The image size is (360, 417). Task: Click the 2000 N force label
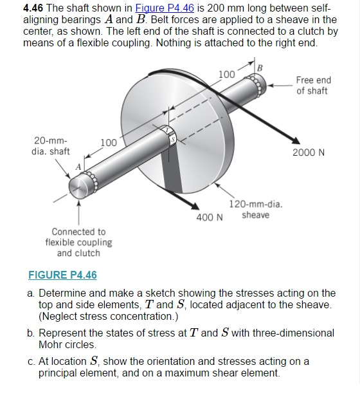tap(309, 153)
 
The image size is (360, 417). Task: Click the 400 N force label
tap(210, 216)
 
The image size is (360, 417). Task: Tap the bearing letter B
tap(259, 69)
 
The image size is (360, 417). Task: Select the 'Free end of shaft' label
tap(313, 85)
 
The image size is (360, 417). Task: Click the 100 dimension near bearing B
tap(226, 75)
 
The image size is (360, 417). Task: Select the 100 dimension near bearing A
tap(108, 142)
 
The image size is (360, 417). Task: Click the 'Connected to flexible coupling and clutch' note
tap(78, 242)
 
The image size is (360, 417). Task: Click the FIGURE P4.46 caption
tap(63, 275)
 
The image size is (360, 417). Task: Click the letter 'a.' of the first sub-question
tap(32, 293)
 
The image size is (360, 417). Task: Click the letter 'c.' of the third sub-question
tap(32, 361)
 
